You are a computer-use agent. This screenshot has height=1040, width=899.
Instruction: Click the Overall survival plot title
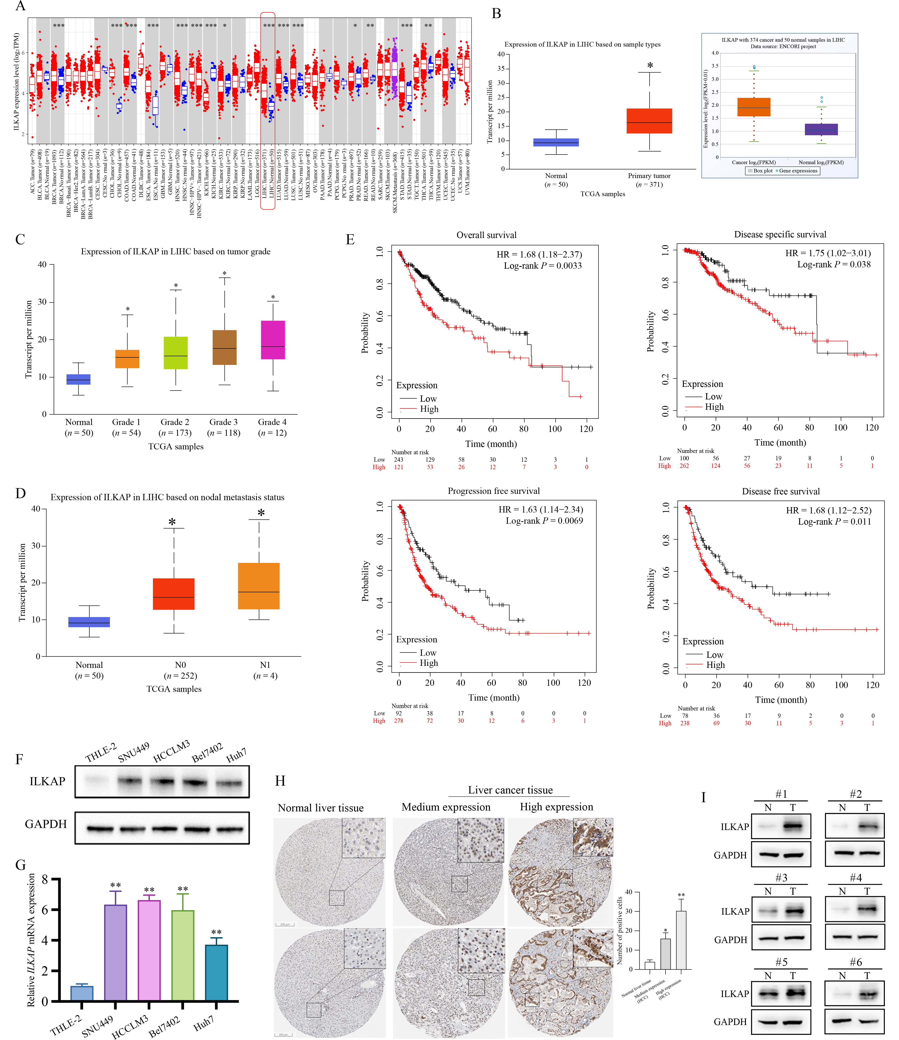pyautogui.click(x=486, y=235)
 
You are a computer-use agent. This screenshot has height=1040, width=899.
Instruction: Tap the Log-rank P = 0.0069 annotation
pyautogui.click(x=544, y=521)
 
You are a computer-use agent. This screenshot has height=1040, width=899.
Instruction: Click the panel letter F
pyautogui.click(x=19, y=759)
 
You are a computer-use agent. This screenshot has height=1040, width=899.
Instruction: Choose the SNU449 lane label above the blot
pyautogui.click(x=133, y=753)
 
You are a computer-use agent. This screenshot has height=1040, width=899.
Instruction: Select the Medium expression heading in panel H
pyautogui.click(x=446, y=807)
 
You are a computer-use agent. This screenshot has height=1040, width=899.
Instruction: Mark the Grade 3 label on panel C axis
pyautogui.click(x=223, y=422)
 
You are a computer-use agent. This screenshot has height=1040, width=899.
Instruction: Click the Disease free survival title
pyautogui.click(x=781, y=491)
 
